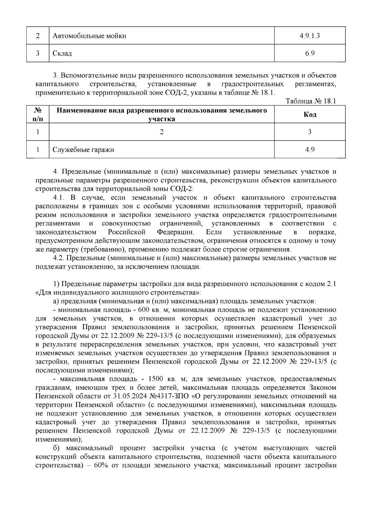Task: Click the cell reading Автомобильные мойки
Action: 89,36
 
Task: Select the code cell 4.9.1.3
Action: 310,36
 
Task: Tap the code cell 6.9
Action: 310,53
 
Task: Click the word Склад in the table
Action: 62,53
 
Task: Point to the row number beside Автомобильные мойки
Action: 38,36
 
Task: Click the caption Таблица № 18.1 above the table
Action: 311,101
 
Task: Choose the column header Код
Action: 310,115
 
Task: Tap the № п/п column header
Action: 38,115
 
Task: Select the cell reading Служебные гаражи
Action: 83,150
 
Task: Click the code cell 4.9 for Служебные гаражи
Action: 310,150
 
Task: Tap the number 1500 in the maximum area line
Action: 157,379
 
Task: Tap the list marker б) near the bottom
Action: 57,448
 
